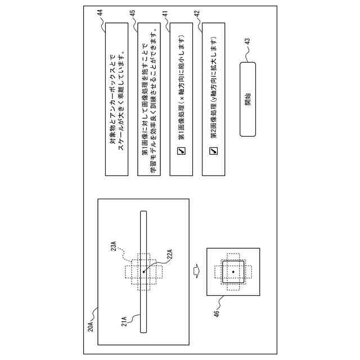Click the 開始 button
tap(247, 99)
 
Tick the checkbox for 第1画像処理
tap(182, 150)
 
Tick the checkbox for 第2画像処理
tap(214, 150)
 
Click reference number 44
tap(102, 12)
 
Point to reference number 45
tap(133, 12)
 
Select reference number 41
tap(165, 12)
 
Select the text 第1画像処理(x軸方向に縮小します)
tap(182, 90)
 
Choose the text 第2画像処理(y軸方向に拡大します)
tap(214, 90)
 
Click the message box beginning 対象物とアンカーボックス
tap(118, 99)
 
